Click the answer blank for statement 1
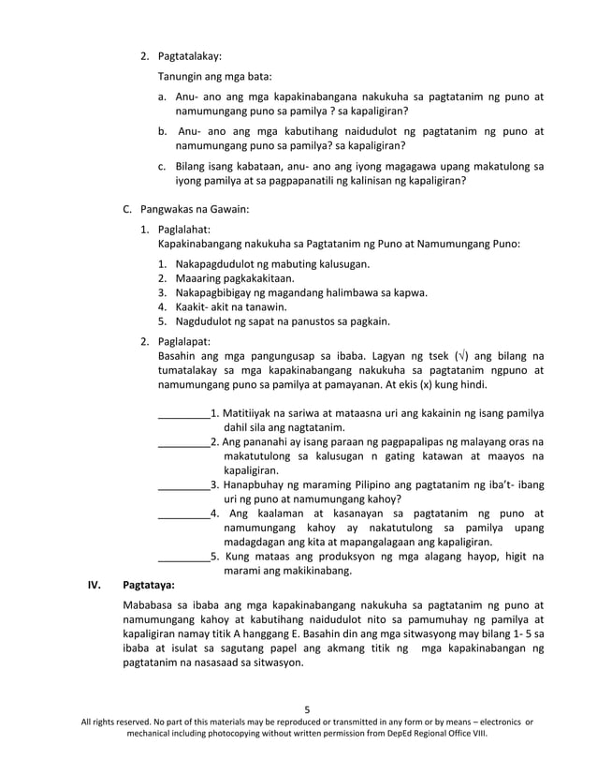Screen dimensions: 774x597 183,412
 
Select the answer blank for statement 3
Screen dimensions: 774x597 183,484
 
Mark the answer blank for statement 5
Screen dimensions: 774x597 183,557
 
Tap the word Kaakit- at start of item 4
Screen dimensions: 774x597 191,306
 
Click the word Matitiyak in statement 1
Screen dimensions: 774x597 246,412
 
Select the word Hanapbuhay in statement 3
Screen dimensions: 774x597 257,484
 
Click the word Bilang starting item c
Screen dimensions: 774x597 193,167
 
